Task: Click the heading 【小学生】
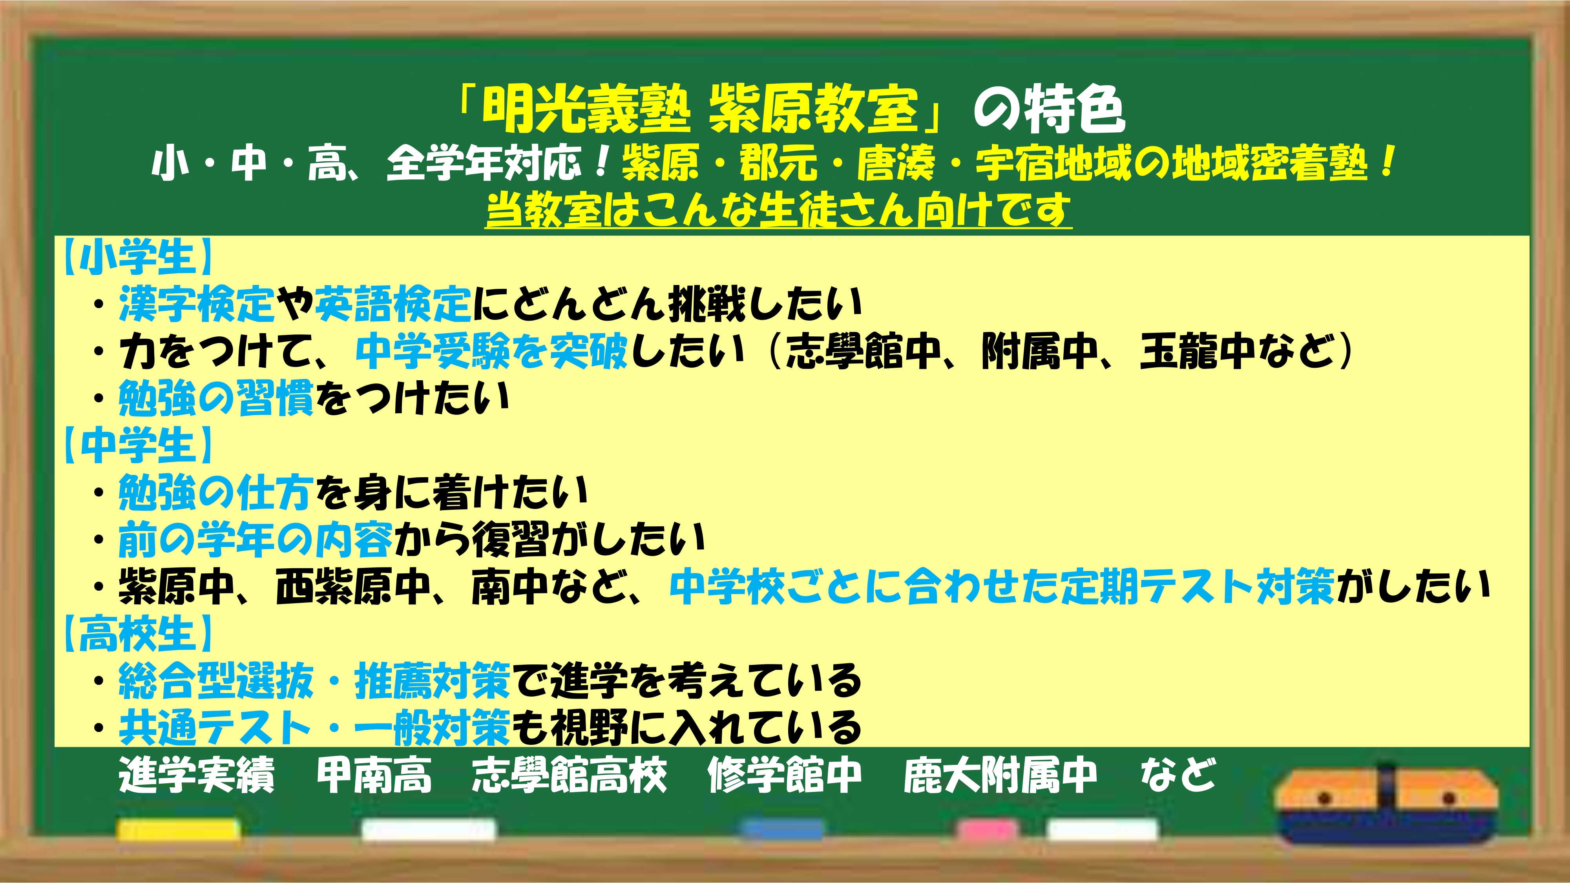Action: (x=137, y=257)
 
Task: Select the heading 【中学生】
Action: (x=137, y=445)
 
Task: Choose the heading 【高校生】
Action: (x=137, y=633)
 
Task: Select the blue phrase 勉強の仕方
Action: (x=216, y=493)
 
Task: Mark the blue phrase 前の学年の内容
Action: (x=256, y=539)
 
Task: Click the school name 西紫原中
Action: (x=354, y=586)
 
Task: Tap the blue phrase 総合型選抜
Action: (x=216, y=680)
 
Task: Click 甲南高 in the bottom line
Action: (x=374, y=775)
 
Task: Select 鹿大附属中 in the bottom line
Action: (x=1000, y=775)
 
